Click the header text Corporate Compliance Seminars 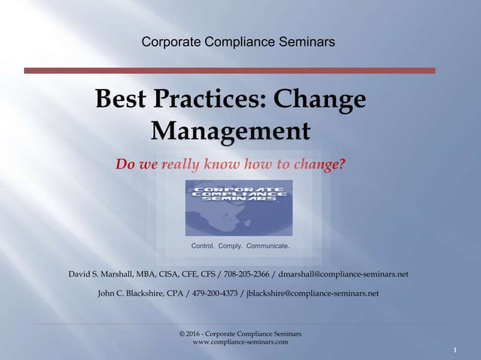pos(238,43)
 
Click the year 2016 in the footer pos(197,334)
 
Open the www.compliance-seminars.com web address pos(240,343)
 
